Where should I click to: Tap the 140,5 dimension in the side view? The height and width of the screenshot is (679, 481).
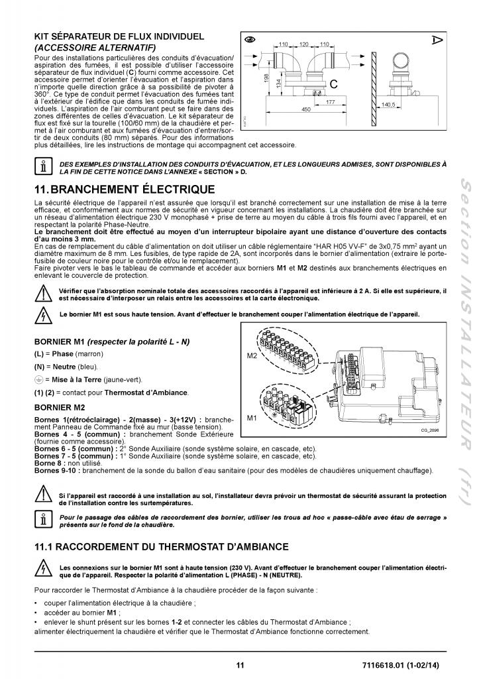(406, 104)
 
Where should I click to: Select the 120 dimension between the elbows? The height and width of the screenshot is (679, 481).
(305, 43)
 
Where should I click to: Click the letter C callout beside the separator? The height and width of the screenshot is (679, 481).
(334, 85)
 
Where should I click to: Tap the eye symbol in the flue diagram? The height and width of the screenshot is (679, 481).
(250, 37)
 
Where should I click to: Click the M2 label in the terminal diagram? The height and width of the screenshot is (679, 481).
(251, 356)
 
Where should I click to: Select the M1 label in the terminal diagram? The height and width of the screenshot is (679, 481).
(251, 418)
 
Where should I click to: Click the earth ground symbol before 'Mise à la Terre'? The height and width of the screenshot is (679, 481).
(39, 379)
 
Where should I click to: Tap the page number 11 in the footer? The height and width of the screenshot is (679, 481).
(240, 665)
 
